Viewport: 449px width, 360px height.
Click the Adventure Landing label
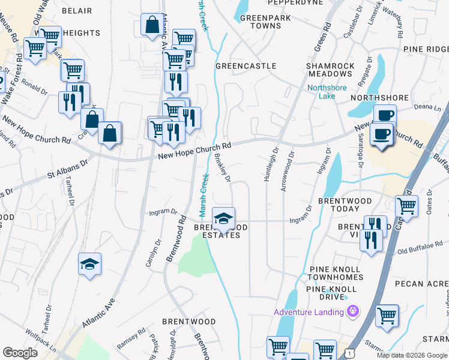tap(309, 312)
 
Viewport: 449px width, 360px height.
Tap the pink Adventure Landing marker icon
tap(352, 311)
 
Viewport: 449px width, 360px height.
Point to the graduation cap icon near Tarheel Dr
tap(89, 264)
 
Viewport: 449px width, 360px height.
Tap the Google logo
tap(20, 353)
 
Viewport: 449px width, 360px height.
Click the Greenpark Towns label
tap(265, 22)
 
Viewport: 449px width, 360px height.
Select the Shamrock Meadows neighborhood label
tap(329, 70)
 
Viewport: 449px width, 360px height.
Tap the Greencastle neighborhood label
tap(246, 66)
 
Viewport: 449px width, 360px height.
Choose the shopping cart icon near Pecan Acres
tap(387, 314)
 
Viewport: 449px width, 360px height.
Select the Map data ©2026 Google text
tap(411, 355)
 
